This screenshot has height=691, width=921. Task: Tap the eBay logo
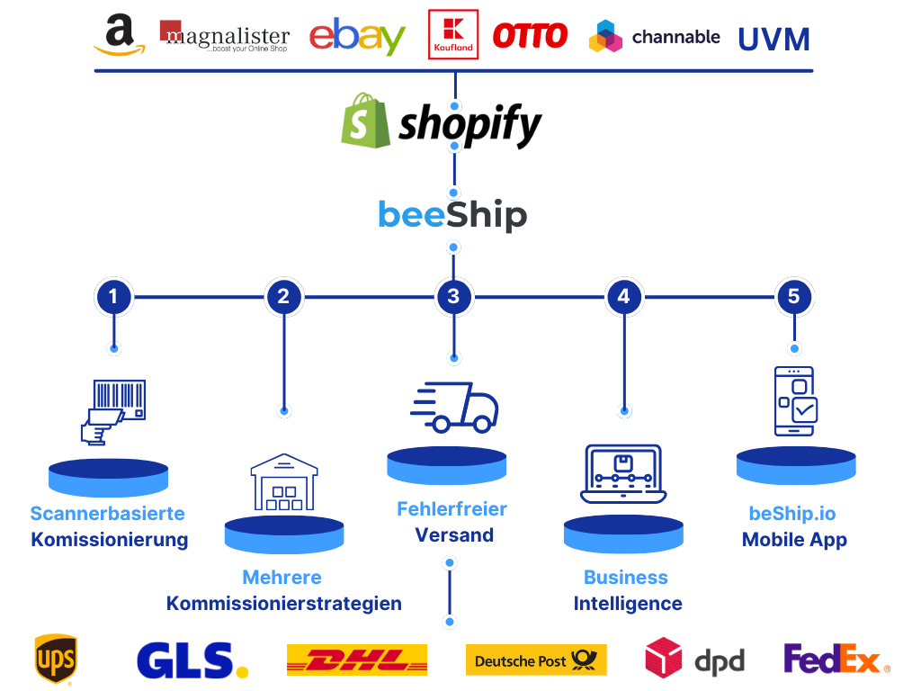[x=357, y=37]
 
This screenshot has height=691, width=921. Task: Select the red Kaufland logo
[x=452, y=35]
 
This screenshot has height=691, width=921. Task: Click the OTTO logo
[x=531, y=36]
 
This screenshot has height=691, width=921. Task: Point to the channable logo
[x=654, y=37]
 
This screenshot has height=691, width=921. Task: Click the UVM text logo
[x=773, y=39]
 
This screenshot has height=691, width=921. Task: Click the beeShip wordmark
[x=452, y=216]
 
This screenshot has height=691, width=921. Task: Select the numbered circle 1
[x=113, y=296]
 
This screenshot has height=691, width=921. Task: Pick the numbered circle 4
[x=624, y=296]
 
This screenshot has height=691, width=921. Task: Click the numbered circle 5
[x=793, y=296]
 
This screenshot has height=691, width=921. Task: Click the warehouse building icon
[x=284, y=483]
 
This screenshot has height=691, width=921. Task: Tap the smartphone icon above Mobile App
[x=795, y=400]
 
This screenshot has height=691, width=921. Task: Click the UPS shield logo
[x=55, y=660]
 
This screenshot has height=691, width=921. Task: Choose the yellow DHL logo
[x=356, y=660]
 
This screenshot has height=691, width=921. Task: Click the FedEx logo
[x=836, y=660]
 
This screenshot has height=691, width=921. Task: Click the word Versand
[x=454, y=535]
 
